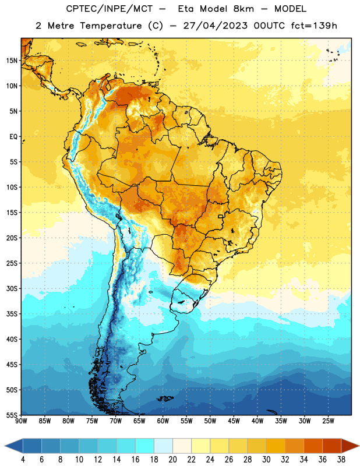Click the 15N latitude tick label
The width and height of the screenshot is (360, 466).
coord(12,61)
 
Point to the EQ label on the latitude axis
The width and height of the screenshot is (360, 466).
coord(13,137)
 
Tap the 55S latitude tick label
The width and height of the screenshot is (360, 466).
coord(12,415)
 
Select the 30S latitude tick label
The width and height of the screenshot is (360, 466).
coord(12,288)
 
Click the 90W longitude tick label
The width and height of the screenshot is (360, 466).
coord(21,421)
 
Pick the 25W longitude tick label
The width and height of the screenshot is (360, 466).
coord(328,421)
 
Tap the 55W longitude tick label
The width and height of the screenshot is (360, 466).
coord(186,421)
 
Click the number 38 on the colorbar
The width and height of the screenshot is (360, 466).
coord(341,460)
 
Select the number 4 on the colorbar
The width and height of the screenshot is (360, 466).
coord(23,460)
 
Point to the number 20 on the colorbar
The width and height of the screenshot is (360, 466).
coord(172,460)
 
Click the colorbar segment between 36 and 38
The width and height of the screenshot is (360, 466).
coord(332,446)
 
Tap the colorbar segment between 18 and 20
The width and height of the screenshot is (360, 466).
coord(164,446)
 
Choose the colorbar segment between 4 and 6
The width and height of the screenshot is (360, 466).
coord(33,446)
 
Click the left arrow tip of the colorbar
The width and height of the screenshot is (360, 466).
coord(5,446)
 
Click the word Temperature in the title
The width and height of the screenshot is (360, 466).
coord(111,26)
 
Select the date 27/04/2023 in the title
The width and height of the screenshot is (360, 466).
coord(215,26)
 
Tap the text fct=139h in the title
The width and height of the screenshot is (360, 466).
coord(314,26)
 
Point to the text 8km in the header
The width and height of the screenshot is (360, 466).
coord(243,9)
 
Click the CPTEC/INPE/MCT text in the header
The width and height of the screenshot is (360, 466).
coord(109,9)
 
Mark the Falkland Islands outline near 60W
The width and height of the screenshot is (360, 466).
coord(165,398)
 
